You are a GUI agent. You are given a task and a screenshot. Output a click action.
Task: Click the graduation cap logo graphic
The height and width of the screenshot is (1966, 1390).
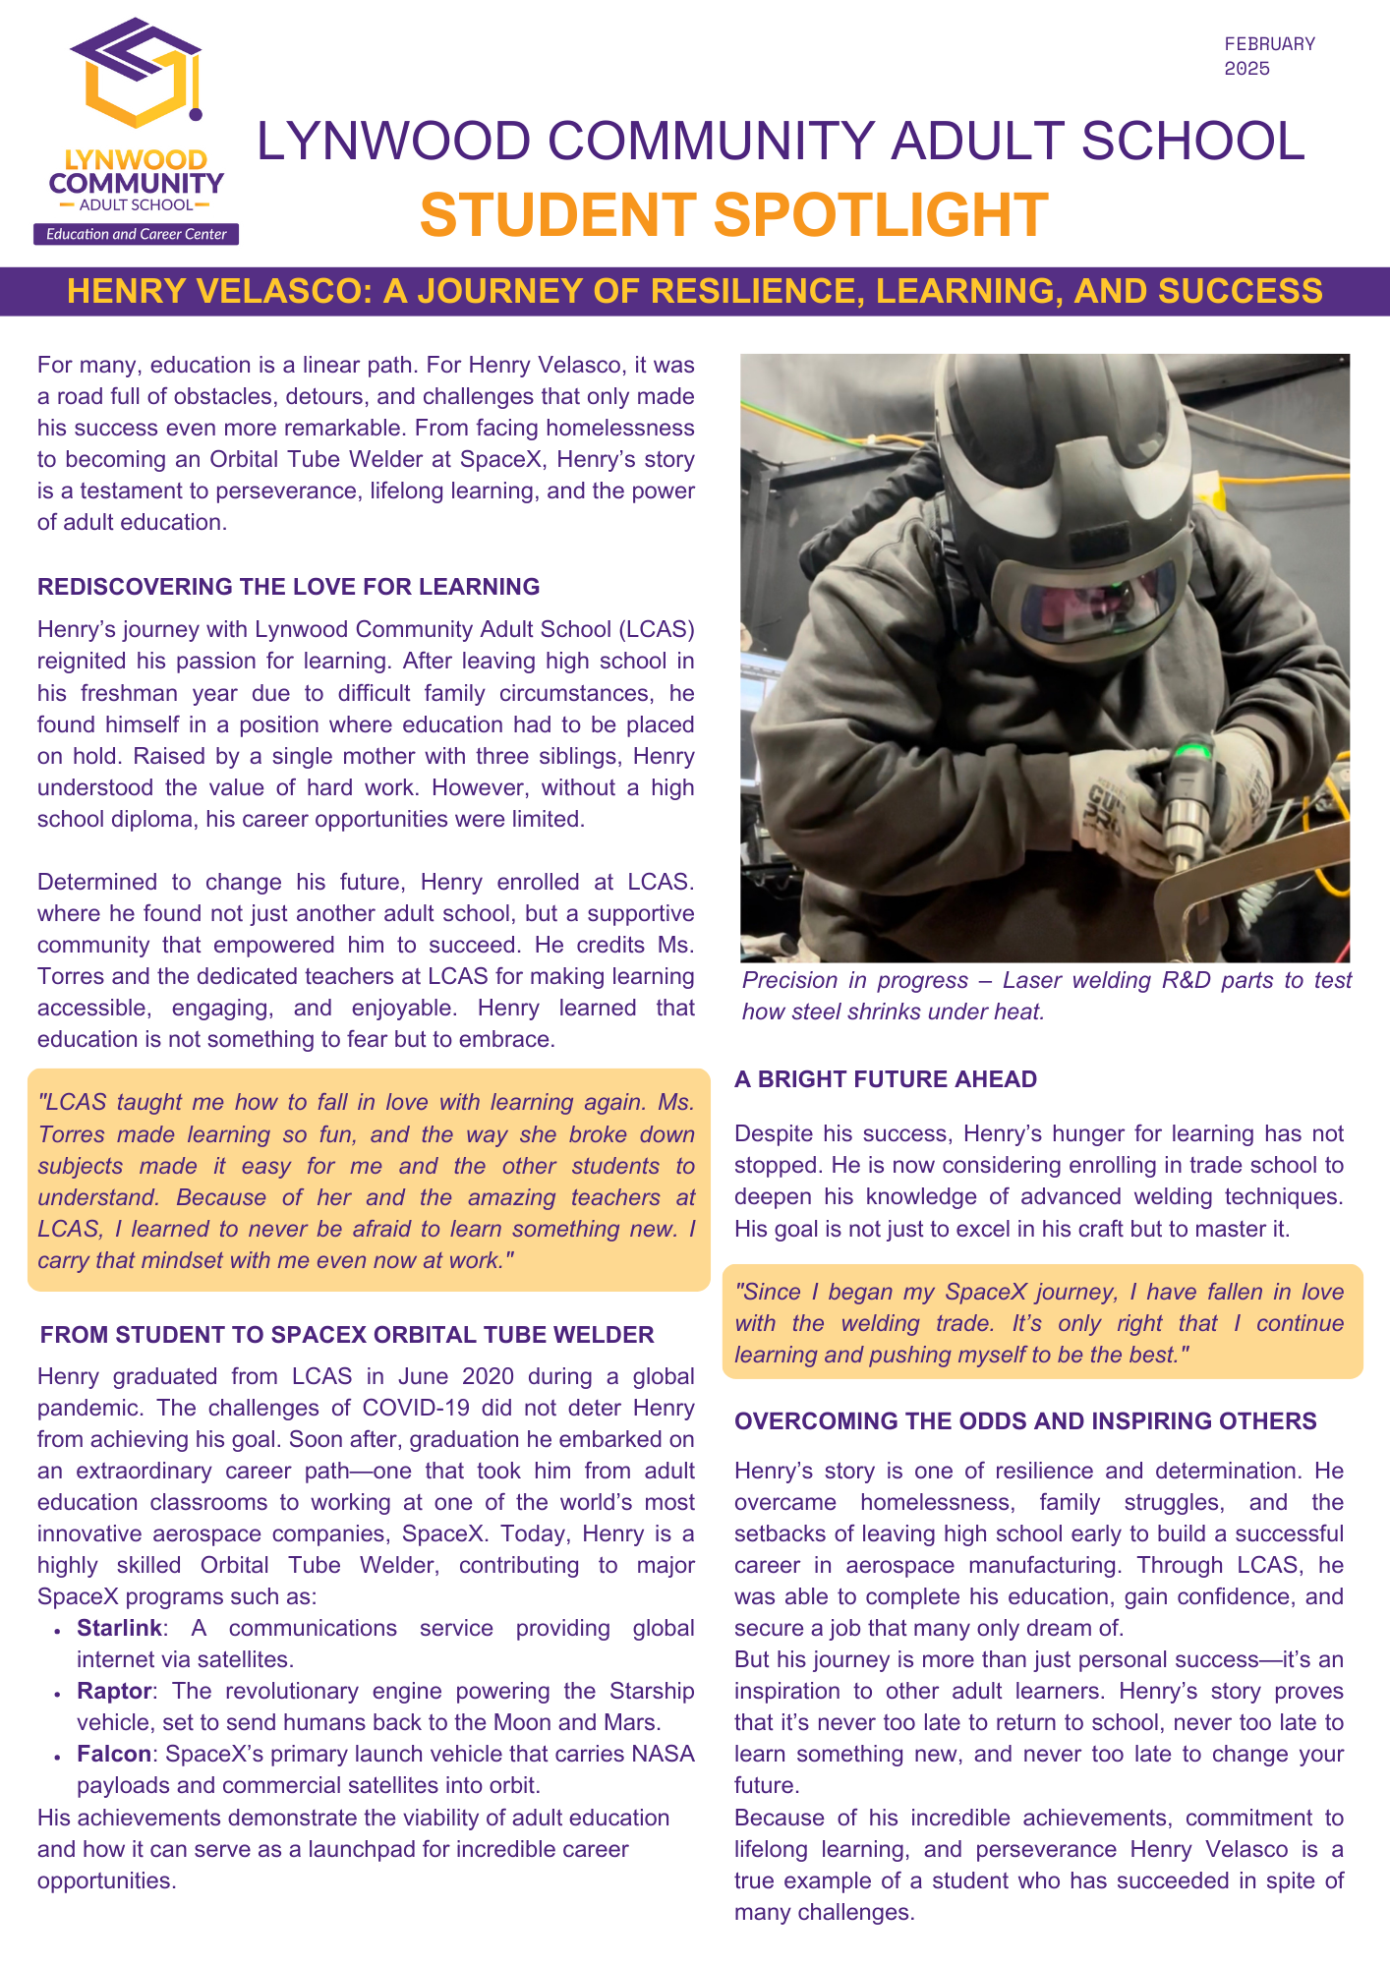tap(137, 75)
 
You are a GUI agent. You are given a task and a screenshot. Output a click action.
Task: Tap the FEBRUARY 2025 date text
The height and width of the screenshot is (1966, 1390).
tap(1269, 56)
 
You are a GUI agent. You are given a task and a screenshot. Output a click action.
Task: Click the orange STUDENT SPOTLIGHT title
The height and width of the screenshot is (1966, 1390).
tap(733, 215)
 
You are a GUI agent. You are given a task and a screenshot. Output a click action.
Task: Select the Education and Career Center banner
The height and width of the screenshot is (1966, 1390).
tap(137, 234)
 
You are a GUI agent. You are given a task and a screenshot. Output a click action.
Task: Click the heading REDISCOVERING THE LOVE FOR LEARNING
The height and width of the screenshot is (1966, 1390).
tap(288, 587)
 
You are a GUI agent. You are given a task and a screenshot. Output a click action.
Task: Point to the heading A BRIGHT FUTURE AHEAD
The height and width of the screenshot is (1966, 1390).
tap(885, 1079)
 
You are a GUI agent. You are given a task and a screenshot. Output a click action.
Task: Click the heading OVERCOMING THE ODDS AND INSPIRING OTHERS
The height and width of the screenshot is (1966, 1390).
tap(1025, 1421)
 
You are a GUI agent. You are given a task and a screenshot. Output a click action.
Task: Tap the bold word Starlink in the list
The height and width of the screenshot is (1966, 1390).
tap(119, 1628)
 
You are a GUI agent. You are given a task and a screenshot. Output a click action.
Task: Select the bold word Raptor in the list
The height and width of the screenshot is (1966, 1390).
tap(114, 1691)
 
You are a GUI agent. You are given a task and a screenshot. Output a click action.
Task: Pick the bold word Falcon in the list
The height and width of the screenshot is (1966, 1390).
tap(114, 1754)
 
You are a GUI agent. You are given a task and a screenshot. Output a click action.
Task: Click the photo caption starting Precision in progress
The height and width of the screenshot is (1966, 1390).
tap(1046, 996)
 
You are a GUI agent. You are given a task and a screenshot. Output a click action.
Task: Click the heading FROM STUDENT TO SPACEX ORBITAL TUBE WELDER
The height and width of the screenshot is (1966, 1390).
tap(347, 1335)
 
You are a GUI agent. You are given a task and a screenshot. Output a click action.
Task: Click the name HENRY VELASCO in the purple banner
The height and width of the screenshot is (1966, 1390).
tap(219, 292)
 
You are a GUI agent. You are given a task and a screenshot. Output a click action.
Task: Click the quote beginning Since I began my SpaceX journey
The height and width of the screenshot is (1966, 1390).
tap(1039, 1323)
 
